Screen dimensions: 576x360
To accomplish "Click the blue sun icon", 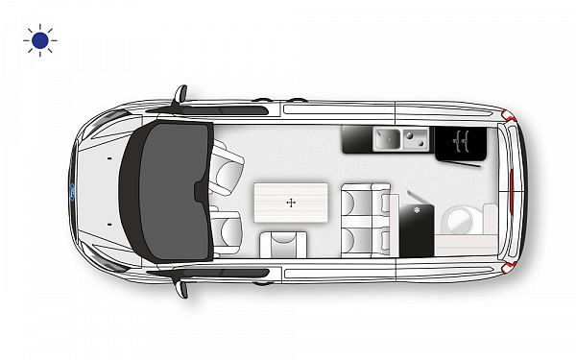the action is pos(40,41).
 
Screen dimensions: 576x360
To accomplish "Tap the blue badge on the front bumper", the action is pos(75,193).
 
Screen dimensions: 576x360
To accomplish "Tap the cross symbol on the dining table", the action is pos(290,204).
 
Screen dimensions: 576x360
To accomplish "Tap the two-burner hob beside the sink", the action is pos(415,140).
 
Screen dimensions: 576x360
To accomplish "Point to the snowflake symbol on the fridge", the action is pos(417,210).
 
